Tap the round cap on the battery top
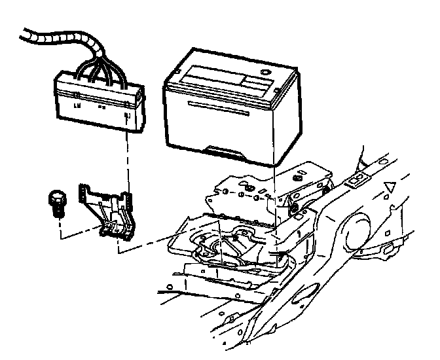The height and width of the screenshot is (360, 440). tap(265, 72)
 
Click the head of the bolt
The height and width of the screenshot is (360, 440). tap(56, 196)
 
